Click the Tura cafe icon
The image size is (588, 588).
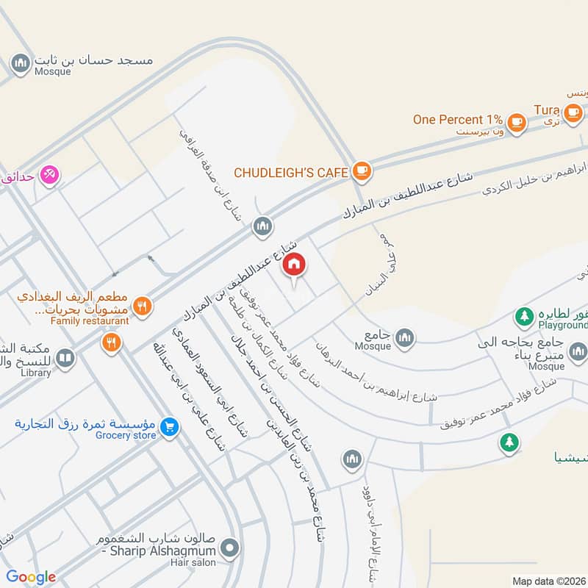pyautogui.click(x=574, y=112)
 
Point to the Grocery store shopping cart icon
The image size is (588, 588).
pyautogui.click(x=170, y=426)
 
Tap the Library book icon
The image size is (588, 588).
pyautogui.click(x=65, y=358)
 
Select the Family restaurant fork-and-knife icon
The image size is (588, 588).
pyautogui.click(x=143, y=306)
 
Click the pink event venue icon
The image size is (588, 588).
pyautogui.click(x=49, y=174)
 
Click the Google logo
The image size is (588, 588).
pyautogui.click(x=31, y=577)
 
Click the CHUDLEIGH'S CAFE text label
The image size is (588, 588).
pyautogui.click(x=290, y=172)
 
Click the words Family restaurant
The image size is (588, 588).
pyautogui.click(x=90, y=320)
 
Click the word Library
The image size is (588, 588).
pyautogui.click(x=36, y=373)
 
